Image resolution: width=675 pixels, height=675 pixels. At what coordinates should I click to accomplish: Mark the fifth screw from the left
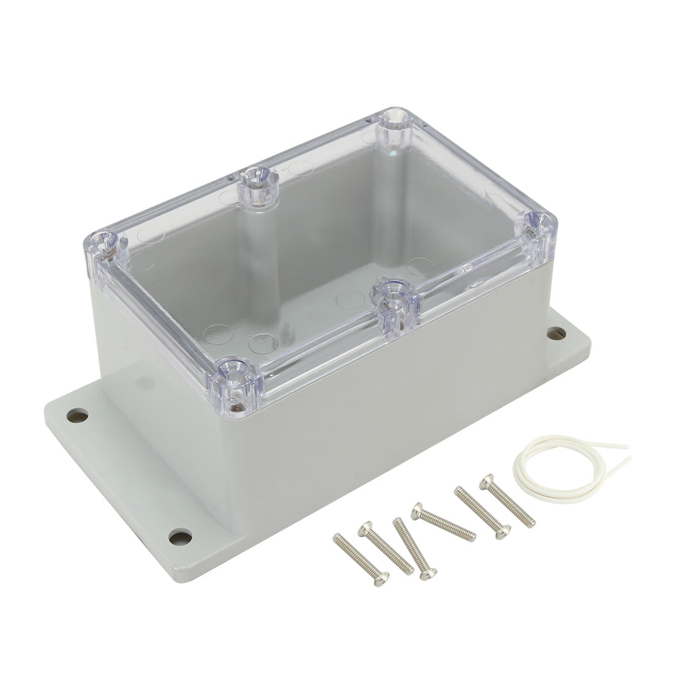coord(483,513)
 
